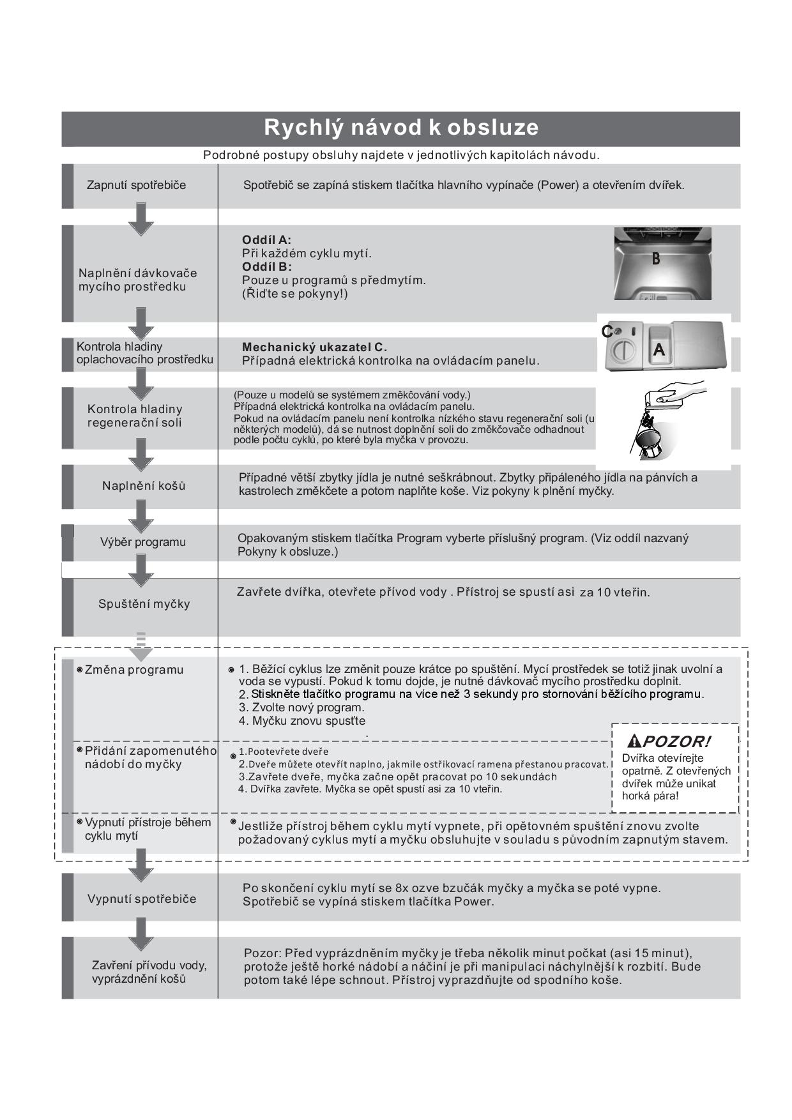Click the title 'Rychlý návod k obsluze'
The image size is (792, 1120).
click(x=401, y=128)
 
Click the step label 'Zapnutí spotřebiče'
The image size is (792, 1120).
click(x=136, y=185)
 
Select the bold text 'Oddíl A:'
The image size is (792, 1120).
click(x=266, y=240)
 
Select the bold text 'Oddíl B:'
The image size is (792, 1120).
click(x=266, y=267)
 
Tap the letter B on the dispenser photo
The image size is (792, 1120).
click(x=655, y=259)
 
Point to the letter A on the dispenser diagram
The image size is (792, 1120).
click(x=659, y=350)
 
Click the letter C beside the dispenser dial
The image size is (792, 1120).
click(x=607, y=331)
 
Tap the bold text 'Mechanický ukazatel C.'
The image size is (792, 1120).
click(x=314, y=347)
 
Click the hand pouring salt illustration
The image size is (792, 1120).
click(x=664, y=418)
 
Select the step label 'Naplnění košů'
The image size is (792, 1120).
click(x=144, y=486)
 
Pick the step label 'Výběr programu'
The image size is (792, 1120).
click(x=142, y=542)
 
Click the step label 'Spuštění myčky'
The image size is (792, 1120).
click(x=144, y=604)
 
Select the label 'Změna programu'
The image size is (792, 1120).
click(x=133, y=670)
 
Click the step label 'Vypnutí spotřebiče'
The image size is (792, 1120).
click(x=142, y=899)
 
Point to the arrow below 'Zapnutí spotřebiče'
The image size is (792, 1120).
click(x=141, y=219)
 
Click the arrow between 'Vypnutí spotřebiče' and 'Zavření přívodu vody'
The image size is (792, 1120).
click(x=141, y=934)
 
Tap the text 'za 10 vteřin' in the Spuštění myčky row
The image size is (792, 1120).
click(x=614, y=593)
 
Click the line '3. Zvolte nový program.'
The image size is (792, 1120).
click(x=301, y=708)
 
